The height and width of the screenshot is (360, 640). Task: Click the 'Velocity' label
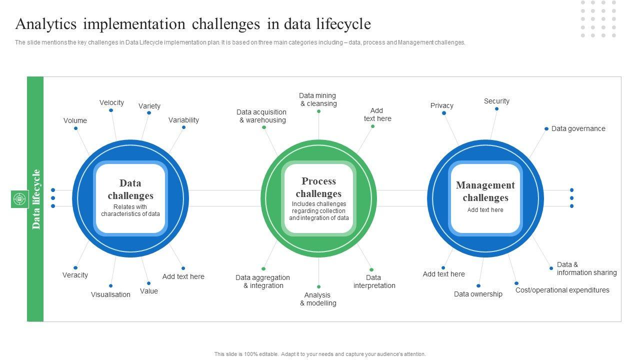coord(111,102)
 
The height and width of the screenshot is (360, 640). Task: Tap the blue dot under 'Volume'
coord(76,128)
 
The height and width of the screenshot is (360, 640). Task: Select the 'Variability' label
coord(183,120)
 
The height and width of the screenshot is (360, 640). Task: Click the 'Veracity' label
coord(75,275)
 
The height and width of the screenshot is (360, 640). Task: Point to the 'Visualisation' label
coord(110,294)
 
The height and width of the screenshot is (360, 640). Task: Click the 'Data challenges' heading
coord(130,189)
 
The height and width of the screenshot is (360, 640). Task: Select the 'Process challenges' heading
coord(318,187)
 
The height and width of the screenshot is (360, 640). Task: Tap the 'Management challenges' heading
coord(485,191)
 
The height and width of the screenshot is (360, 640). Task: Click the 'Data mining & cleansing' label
coord(318,99)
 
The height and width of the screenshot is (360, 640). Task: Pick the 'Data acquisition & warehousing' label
coord(261,116)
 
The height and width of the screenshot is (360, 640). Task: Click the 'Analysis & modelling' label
coord(318,299)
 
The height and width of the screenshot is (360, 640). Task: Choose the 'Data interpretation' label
coord(374,281)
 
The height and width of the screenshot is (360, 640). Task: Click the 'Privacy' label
coord(442,105)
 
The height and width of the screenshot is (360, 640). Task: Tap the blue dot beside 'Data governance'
coord(546,129)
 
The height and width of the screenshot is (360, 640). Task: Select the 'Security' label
coord(496,101)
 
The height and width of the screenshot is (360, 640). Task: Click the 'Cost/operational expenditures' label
coord(562,290)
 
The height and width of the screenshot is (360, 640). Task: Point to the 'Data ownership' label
coord(478,294)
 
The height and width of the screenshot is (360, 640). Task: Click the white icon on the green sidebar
coord(19,199)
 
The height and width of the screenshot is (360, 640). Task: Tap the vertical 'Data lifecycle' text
coord(36,199)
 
